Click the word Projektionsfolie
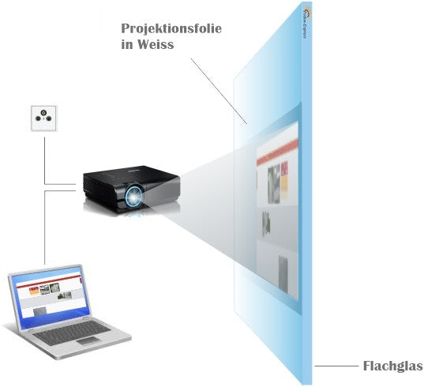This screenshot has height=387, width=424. pos(171,28)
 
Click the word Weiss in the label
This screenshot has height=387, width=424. pos(157,45)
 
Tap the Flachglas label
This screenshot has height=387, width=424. pos(392,366)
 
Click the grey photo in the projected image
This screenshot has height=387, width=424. pos(276,177)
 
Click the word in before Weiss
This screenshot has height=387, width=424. pos(128,45)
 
